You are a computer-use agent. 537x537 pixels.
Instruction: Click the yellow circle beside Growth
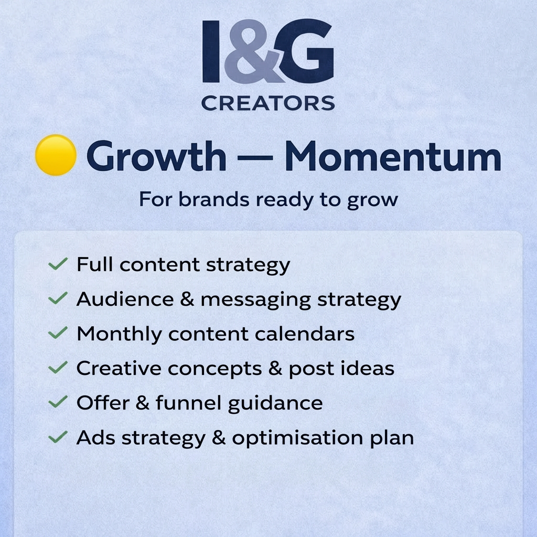tap(56, 155)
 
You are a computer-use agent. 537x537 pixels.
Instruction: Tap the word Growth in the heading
tap(156, 156)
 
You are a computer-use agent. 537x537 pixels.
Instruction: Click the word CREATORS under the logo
tap(268, 103)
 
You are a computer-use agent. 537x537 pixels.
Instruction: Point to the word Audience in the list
tap(117, 299)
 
